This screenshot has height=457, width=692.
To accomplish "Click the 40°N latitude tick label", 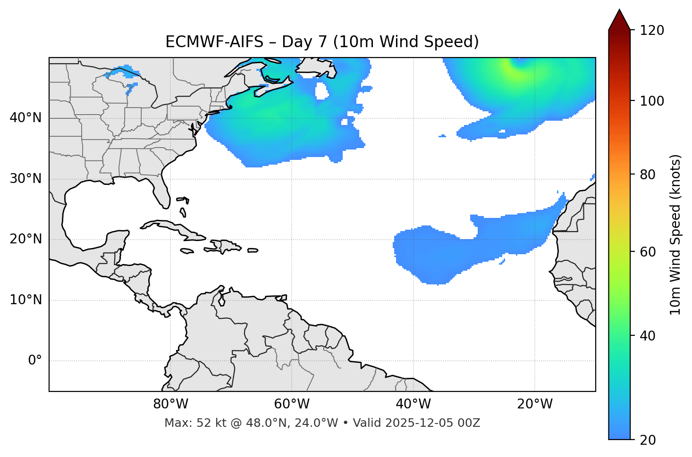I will click(x=25, y=118).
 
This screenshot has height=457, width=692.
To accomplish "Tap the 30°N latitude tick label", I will click(x=25, y=179).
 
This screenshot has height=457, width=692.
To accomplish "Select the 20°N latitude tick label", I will click(x=25, y=239).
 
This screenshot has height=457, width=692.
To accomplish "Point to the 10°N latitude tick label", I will click(x=25, y=300).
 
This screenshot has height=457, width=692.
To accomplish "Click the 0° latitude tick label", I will click(x=34, y=361).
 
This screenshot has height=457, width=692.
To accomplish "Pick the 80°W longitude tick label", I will click(x=170, y=404).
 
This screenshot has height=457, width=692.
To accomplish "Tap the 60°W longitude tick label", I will click(x=292, y=404).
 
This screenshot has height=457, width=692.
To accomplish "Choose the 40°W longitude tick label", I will click(x=414, y=404).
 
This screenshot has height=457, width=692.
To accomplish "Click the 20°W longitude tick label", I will click(x=535, y=404).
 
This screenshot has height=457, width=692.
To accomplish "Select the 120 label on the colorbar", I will click(x=652, y=30).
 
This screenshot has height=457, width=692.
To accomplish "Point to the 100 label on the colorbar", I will click(x=652, y=101).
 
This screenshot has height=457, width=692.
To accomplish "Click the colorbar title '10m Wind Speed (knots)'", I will click(x=675, y=234).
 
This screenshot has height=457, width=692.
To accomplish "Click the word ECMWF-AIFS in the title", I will click(x=214, y=42).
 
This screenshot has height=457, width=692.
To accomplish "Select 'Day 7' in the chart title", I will click(x=304, y=42).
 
